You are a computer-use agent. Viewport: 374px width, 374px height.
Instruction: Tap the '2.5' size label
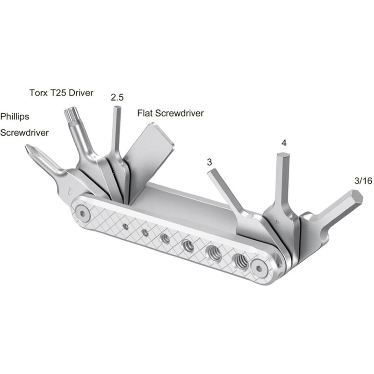pos(116,98)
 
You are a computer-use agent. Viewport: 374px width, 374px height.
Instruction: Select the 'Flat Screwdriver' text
pos(170,113)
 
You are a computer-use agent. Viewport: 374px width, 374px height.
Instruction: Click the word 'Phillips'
pos(14,115)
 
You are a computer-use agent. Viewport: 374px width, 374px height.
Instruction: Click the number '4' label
pos(284,142)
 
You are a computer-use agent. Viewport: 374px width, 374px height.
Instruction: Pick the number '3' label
pos(209,162)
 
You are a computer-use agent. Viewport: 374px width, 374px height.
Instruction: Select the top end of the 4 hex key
pos(283,157)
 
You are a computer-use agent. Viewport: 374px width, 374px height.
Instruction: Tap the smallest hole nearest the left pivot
pos(126,226)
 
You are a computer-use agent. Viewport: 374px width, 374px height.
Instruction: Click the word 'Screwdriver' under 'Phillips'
pos(24,133)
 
